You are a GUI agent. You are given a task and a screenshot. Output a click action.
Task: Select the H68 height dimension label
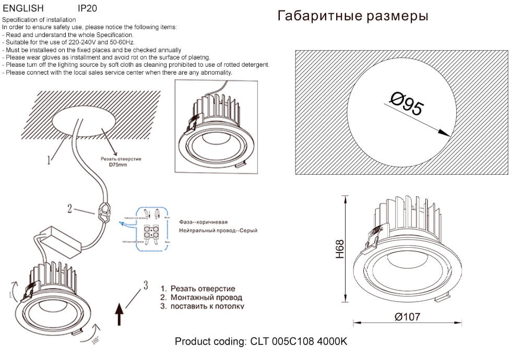(x=340, y=249)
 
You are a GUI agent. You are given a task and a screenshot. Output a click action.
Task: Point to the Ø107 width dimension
(x=407, y=316)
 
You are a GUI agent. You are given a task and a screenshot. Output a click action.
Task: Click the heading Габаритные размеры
(x=353, y=16)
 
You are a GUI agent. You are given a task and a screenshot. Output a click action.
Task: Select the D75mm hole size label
(x=118, y=165)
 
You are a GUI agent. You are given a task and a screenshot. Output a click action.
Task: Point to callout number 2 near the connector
(x=69, y=209)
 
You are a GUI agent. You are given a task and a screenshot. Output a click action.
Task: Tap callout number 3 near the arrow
(x=146, y=285)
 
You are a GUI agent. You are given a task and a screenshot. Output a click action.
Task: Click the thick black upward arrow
(x=118, y=314)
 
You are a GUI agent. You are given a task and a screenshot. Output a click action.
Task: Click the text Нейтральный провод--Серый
(x=218, y=230)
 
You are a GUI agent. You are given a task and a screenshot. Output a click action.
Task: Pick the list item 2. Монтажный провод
(x=201, y=297)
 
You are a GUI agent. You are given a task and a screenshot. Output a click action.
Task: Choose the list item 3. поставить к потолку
(x=202, y=306)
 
